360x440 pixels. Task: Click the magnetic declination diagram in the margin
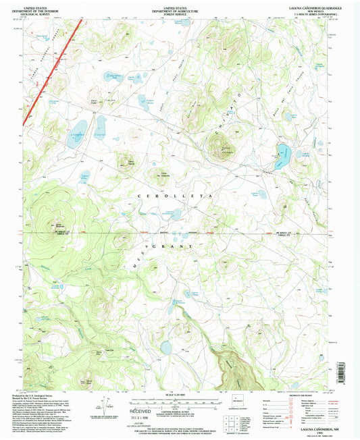pyautogui.click(x=103, y=406)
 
